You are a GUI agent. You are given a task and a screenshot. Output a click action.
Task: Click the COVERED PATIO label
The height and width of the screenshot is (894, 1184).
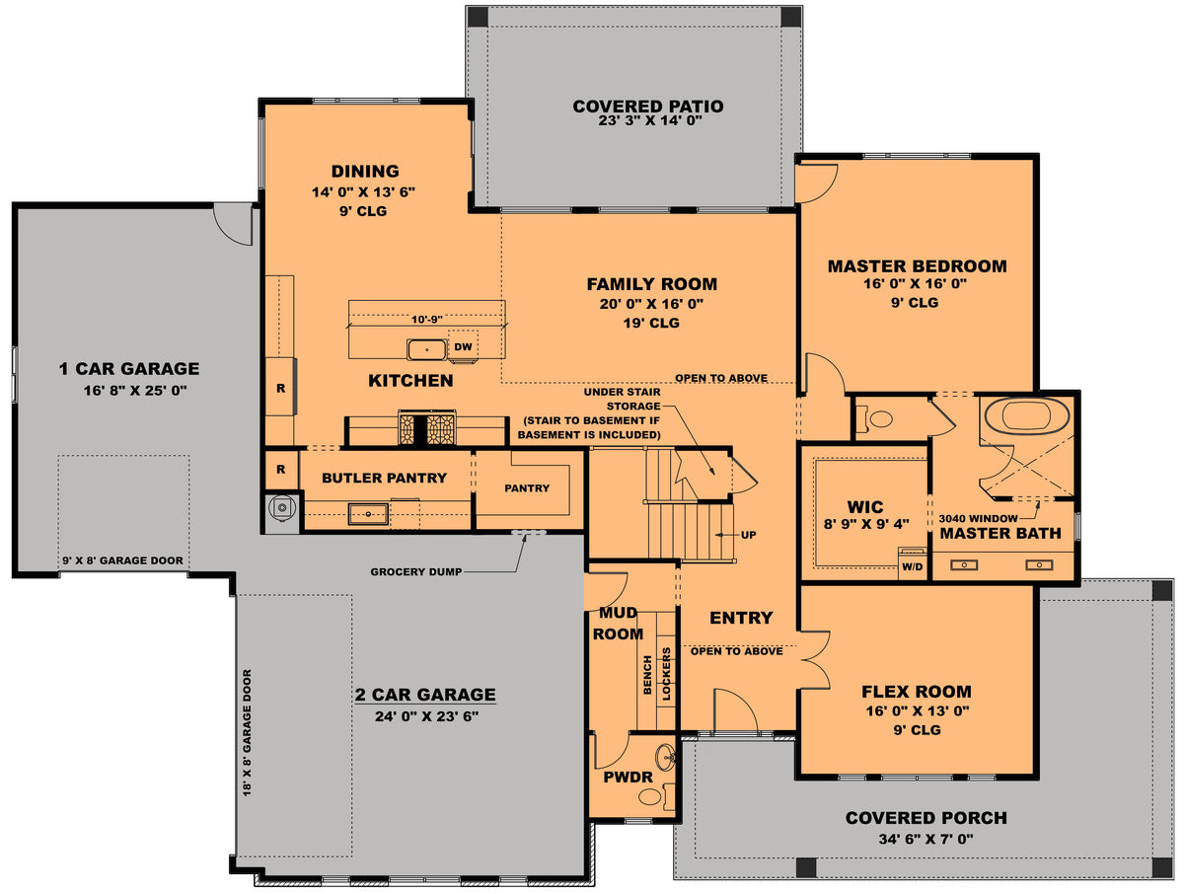pos(648,107)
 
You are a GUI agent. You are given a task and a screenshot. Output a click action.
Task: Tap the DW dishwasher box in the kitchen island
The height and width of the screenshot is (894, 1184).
pos(463,346)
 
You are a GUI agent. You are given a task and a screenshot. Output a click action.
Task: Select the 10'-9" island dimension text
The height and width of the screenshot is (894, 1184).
pos(426,319)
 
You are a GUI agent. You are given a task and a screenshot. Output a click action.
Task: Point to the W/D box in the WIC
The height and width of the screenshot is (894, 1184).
pos(913,566)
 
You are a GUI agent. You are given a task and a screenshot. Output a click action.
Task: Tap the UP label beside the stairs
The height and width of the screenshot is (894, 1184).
pos(748,534)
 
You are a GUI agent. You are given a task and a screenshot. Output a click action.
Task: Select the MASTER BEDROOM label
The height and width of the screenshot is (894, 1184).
pos(917,266)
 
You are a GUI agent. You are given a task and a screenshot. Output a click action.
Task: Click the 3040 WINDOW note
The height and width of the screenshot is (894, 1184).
pos(983,516)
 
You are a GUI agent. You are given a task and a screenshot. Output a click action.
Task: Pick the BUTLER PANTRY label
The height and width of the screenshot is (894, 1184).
pos(384,478)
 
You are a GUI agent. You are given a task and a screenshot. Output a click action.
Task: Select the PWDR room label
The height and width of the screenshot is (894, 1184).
pos(629,777)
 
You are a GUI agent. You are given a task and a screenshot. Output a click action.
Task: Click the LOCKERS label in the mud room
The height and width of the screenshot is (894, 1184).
pos(667,674)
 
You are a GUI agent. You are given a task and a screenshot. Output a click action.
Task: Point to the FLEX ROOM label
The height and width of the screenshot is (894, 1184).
pos(917,692)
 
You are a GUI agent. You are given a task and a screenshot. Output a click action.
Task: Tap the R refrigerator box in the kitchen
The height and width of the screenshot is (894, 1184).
pos(280,388)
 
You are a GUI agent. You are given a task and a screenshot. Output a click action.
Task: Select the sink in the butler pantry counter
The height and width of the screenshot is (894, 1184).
pos(367,513)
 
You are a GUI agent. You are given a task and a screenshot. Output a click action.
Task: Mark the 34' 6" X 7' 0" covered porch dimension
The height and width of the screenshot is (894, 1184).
pos(925,839)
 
